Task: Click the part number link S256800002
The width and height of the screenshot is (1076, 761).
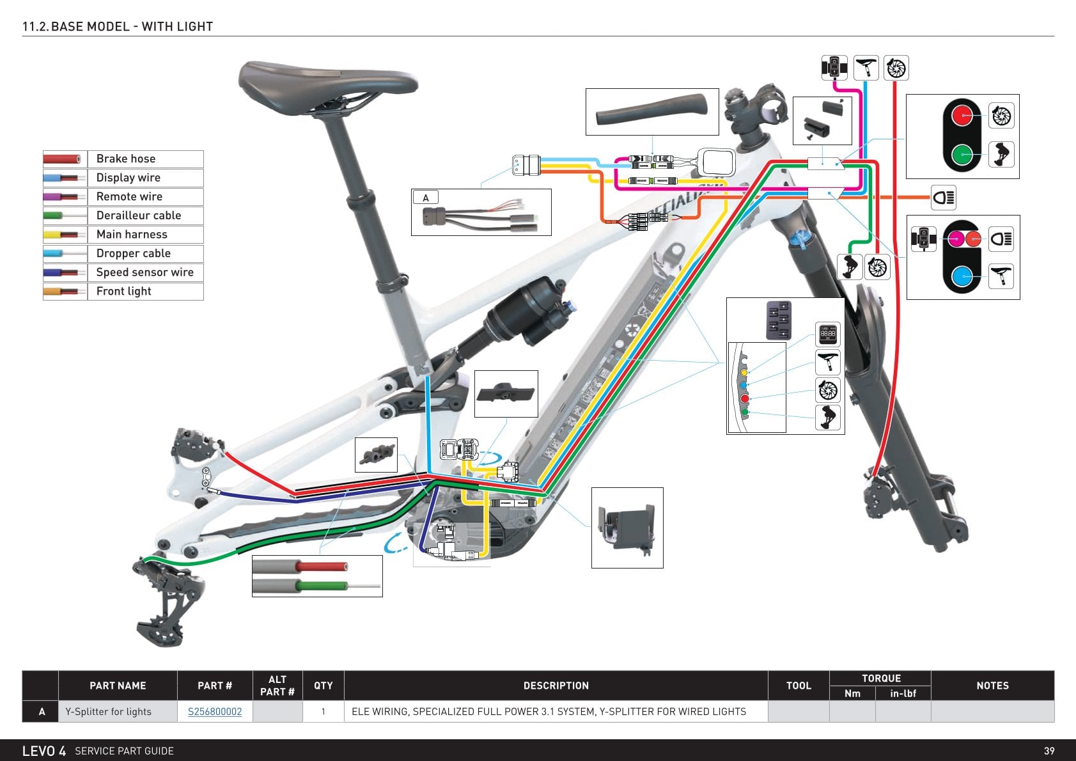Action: pyautogui.click(x=215, y=712)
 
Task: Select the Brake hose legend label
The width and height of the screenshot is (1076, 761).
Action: pyautogui.click(x=126, y=159)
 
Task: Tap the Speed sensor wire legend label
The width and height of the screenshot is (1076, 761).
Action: pyautogui.click(x=144, y=272)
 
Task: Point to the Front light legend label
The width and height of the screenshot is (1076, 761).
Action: pyautogui.click(x=123, y=291)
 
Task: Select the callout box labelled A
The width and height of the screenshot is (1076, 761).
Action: pyautogui.click(x=481, y=212)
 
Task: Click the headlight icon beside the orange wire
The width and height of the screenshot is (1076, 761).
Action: pyautogui.click(x=944, y=198)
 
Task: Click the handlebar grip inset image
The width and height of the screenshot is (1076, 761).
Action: pyautogui.click(x=652, y=111)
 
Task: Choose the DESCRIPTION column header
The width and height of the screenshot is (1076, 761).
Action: pyautogui.click(x=556, y=686)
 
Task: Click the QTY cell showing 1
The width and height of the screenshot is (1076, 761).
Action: pyautogui.click(x=324, y=712)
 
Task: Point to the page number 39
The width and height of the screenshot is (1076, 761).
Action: pyautogui.click(x=1049, y=751)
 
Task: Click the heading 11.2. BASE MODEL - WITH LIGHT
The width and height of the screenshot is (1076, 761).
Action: pyautogui.click(x=118, y=26)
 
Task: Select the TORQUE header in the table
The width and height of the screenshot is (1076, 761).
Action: pyautogui.click(x=881, y=679)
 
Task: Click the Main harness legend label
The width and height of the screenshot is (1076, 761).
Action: pyautogui.click(x=132, y=235)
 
